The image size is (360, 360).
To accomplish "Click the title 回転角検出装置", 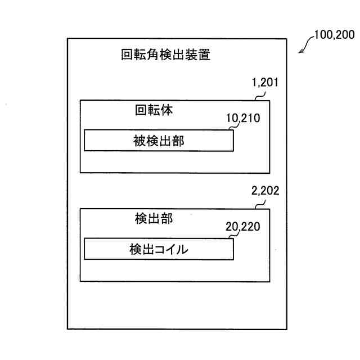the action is click(166, 55).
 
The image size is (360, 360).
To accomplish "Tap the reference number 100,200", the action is click(334, 35).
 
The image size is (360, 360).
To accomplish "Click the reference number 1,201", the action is click(265, 84).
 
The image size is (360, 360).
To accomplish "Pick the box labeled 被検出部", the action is click(159, 140).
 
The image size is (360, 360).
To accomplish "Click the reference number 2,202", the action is click(264, 191).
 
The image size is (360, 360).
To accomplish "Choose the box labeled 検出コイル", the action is click(159, 249).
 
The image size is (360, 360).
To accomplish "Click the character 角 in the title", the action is click(154, 55).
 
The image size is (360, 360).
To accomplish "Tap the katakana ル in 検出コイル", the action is click(182, 250).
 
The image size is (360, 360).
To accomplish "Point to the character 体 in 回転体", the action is click(166, 110).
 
